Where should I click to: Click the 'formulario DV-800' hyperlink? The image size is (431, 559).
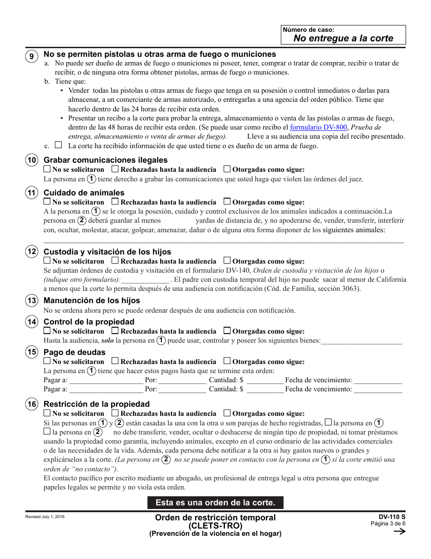[318, 128]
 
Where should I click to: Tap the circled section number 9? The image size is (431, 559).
[31, 56]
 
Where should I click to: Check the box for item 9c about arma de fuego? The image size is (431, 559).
[58, 145]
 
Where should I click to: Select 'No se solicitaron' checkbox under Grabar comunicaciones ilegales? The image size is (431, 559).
[47, 169]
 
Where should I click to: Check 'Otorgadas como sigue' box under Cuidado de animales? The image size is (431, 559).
[227, 202]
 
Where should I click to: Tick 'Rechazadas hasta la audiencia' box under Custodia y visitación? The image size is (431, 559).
[115, 261]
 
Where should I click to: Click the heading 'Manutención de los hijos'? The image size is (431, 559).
[92, 300]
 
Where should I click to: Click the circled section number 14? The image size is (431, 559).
[31, 322]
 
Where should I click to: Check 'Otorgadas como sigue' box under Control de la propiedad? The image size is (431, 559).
[227, 331]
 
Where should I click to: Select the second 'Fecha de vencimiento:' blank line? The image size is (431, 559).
[378, 389]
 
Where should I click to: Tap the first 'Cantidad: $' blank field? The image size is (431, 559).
[265, 380]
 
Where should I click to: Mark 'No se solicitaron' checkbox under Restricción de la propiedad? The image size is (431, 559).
[47, 413]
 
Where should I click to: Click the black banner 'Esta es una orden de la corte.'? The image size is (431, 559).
[215, 503]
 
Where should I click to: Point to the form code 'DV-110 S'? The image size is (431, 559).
[392, 517]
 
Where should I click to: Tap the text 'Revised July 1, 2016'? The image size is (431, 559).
[45, 517]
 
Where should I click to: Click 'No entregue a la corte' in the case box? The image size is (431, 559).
[343, 38]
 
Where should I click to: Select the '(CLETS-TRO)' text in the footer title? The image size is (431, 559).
[215, 526]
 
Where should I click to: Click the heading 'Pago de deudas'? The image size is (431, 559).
[74, 352]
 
